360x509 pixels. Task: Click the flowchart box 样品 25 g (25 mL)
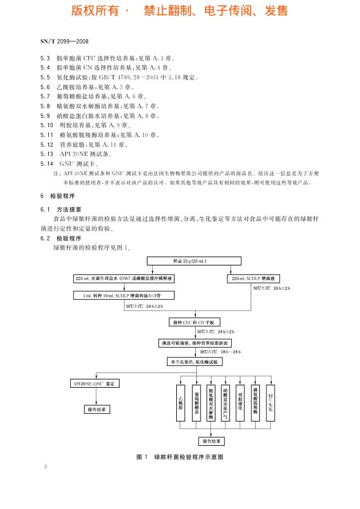click(x=187, y=262)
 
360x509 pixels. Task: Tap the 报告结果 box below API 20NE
click(x=97, y=409)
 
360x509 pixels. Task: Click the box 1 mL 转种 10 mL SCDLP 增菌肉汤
click(x=122, y=295)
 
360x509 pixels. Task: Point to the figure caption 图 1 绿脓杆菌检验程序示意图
click(x=180, y=457)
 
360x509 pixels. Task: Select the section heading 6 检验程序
click(x=57, y=196)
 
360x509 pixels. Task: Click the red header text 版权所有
click(x=93, y=11)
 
